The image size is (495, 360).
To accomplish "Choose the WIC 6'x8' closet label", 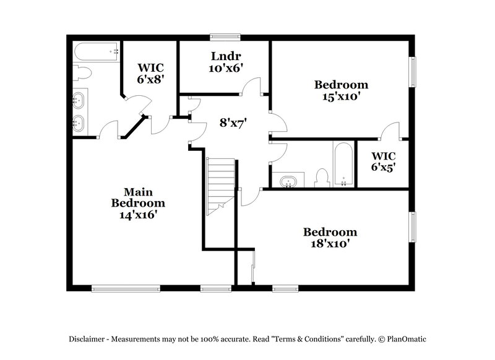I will point(150,72).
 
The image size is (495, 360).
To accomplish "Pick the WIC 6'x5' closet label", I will point(384,161).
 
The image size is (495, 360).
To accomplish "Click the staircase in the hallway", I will point(221,186).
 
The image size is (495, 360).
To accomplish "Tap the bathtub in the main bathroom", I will point(96,50).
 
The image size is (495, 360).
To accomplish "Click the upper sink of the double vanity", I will point(79,99).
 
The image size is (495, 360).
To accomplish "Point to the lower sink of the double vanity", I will point(79,122).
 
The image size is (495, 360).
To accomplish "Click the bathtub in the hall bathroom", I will point(343,165).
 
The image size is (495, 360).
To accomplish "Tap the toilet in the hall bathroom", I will point(321,178).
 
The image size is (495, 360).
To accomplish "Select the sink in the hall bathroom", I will point(288,181).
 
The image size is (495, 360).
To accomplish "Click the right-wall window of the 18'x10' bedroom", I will point(413,229).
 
